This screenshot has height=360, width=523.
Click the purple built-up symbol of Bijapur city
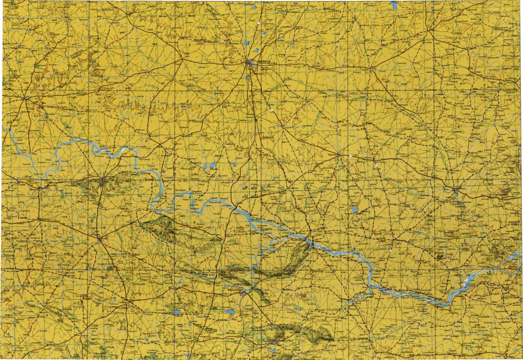point(251,63)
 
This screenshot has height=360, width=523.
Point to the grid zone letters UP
point(247,187)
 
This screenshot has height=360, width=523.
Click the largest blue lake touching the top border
point(394,5)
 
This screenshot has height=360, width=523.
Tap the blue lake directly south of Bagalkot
point(229,312)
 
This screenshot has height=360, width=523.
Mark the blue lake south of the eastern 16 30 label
point(354,209)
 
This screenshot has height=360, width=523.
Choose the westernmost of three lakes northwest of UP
point(206,167)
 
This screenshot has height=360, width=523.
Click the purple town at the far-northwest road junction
point(25,98)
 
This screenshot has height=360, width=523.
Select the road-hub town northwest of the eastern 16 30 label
point(339,155)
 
